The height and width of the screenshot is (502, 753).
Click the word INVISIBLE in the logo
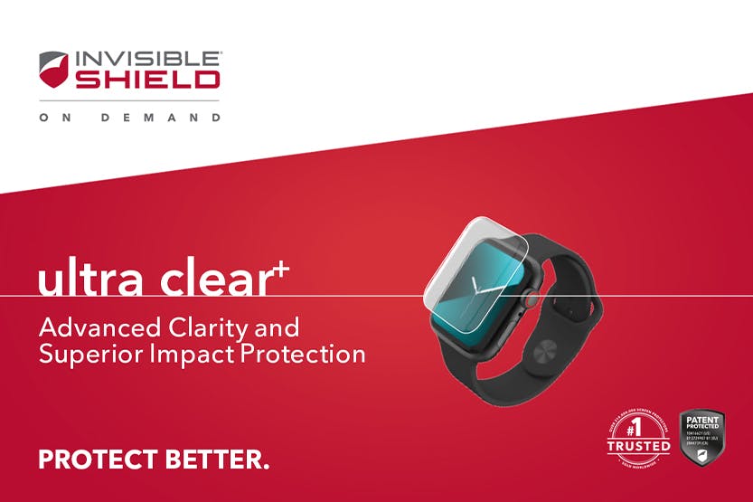pyautogui.click(x=147, y=59)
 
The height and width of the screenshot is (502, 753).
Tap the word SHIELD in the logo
pyautogui.click(x=147, y=80)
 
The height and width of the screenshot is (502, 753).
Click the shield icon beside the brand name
pyautogui.click(x=53, y=70)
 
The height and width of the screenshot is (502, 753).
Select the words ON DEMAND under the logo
pyautogui.click(x=129, y=118)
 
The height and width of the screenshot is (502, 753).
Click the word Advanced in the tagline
pyautogui.click(x=97, y=327)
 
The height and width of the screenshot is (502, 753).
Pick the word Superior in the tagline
pyautogui.click(x=89, y=354)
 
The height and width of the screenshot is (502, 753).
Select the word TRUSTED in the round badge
pyautogui.click(x=639, y=446)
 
